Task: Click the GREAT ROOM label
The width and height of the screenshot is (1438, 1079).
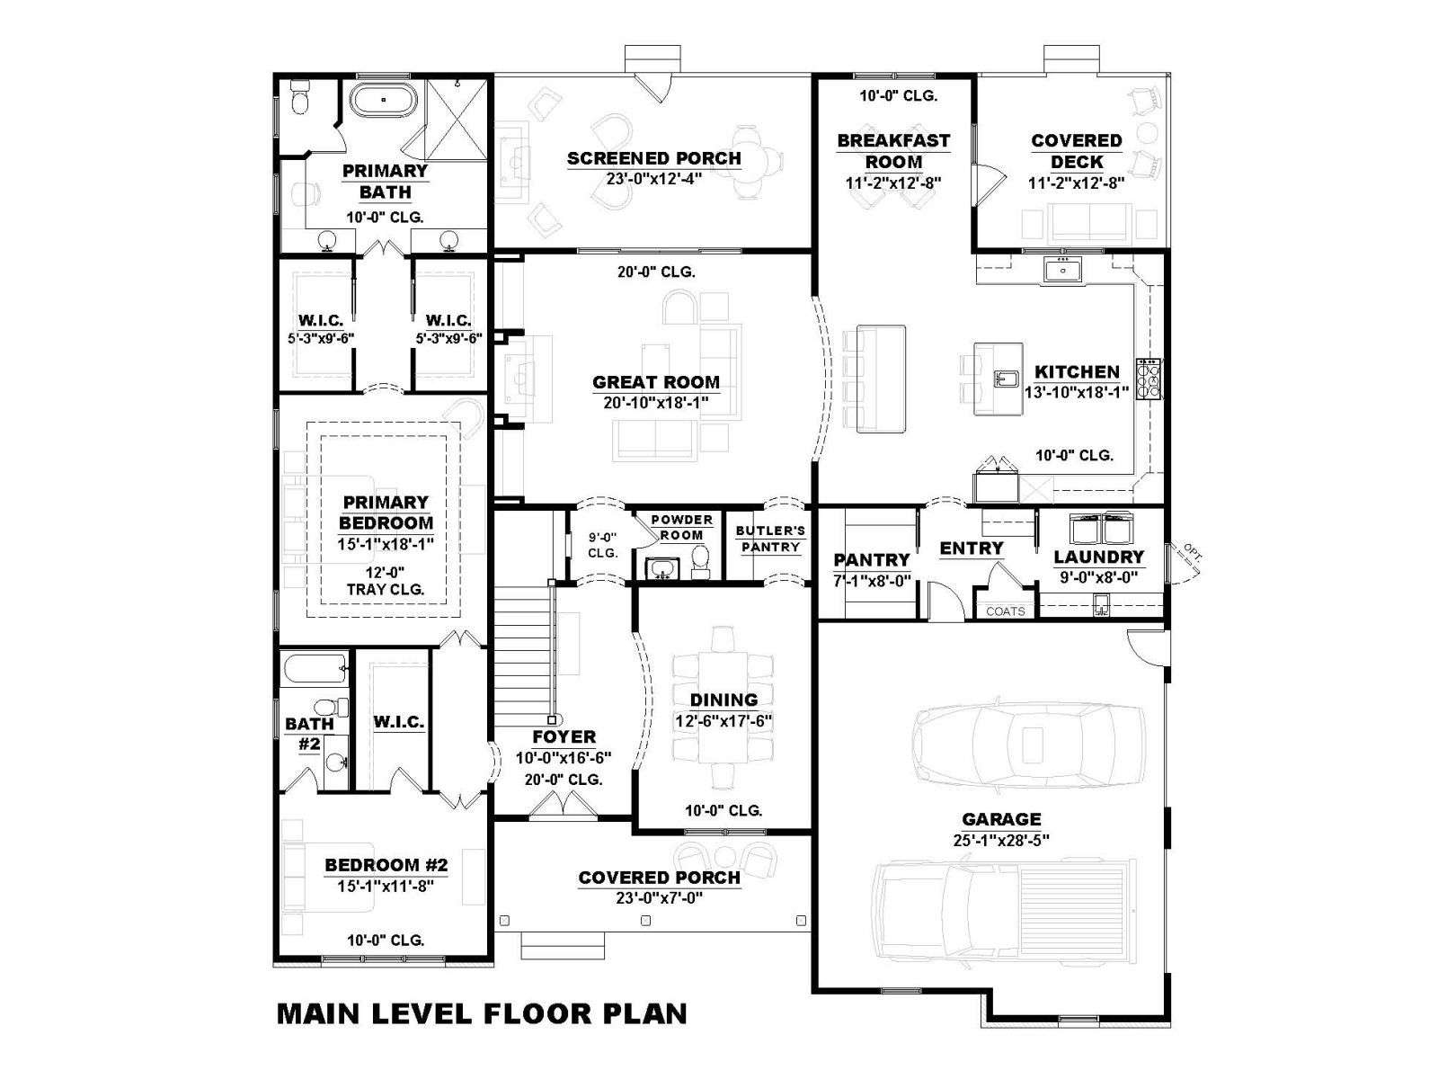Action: click(x=655, y=382)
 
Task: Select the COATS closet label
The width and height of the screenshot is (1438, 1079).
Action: click(x=1005, y=611)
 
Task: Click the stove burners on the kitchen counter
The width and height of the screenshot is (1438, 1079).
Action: click(x=1149, y=379)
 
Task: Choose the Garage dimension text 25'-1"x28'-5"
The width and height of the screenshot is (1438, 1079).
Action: click(x=1001, y=840)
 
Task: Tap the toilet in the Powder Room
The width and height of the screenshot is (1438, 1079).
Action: click(x=700, y=561)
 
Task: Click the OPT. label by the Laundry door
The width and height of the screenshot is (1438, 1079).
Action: click(x=1193, y=552)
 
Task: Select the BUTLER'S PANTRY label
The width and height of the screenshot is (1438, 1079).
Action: click(x=770, y=539)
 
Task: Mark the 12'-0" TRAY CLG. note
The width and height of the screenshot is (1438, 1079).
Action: click(x=386, y=581)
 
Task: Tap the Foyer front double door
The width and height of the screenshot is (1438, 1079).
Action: click(x=563, y=806)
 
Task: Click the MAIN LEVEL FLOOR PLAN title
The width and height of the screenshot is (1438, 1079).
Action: click(x=482, y=1012)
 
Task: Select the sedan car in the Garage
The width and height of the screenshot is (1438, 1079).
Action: click(x=1028, y=745)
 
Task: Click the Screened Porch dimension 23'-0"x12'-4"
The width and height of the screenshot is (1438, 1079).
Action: click(x=653, y=179)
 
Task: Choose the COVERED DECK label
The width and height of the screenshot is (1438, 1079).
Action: click(x=1077, y=151)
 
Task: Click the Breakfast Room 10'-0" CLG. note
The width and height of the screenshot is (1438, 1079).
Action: click(x=898, y=96)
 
